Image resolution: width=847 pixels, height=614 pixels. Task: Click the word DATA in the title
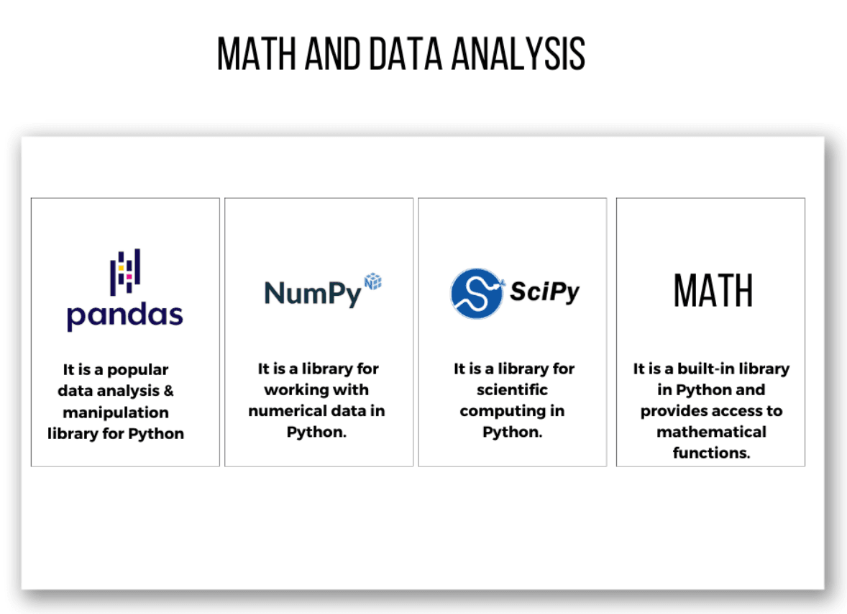407,53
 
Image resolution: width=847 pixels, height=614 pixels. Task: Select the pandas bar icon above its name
125,272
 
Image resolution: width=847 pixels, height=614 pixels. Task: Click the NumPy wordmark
313,292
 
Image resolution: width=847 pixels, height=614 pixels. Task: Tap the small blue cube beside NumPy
373,281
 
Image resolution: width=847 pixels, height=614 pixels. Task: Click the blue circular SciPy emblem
477,293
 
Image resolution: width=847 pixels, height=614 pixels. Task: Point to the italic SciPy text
544,292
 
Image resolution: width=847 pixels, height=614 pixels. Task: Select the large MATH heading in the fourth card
713,291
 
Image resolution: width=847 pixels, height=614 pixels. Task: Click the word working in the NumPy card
296,390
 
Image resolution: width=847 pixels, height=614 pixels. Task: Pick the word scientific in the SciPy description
512,390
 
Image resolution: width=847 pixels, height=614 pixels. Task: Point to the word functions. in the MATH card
711,453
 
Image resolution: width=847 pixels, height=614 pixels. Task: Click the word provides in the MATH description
674,411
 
